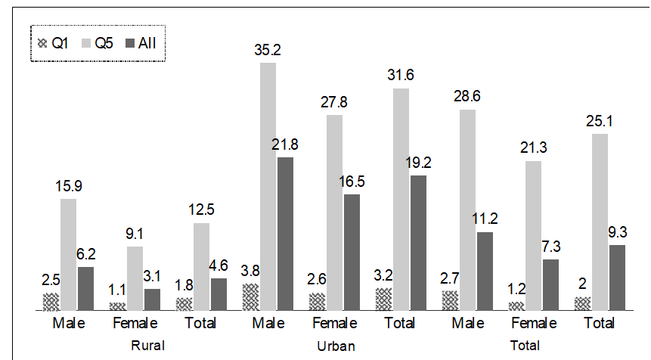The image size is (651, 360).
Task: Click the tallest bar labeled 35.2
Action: [268, 186]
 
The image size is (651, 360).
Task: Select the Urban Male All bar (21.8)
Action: [285, 234]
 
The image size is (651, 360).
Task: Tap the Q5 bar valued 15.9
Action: [69, 254]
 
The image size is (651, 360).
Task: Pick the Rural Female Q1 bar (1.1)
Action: [117, 306]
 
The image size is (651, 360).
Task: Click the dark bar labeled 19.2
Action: [418, 243]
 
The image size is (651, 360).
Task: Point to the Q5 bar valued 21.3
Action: [534, 235]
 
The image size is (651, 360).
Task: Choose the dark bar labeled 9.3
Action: [617, 277]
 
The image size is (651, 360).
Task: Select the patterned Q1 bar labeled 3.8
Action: [250, 297]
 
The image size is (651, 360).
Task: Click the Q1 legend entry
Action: [52, 44]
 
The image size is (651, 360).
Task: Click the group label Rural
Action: [147, 346]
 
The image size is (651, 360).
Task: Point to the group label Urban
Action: [336, 346]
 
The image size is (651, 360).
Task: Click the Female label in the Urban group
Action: [334, 324]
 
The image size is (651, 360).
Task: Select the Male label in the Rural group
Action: [69, 324]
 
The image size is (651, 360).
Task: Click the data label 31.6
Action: [401, 75]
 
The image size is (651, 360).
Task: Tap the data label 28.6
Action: [467, 96]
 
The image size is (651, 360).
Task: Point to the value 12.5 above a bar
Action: [201, 209]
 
